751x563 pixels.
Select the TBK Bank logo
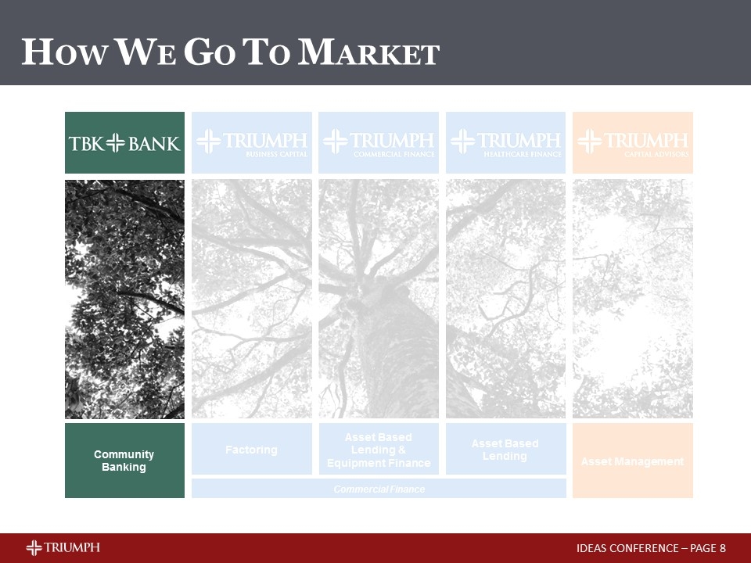click(124, 142)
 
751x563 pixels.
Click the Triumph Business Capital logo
click(252, 142)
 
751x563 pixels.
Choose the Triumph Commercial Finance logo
click(379, 142)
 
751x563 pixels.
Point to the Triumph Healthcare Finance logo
click(505, 142)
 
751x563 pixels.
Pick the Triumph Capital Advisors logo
click(633, 142)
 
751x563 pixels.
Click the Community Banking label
click(124, 461)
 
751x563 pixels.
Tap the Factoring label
click(251, 450)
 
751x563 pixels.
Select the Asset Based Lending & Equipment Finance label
click(379, 450)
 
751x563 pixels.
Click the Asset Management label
click(632, 461)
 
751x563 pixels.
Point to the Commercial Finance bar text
click(379, 489)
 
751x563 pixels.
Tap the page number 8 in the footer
click(723, 547)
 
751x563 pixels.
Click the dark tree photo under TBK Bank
click(124, 299)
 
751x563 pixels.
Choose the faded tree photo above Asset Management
click(633, 299)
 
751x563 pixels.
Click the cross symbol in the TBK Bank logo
click(116, 143)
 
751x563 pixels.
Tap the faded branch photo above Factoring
click(252, 299)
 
